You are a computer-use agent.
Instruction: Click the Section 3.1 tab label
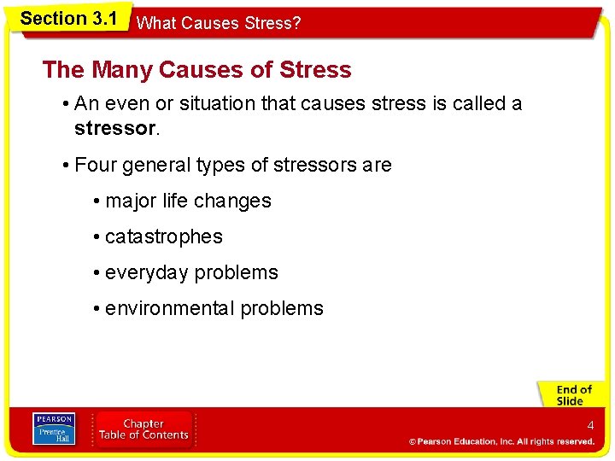click(x=67, y=18)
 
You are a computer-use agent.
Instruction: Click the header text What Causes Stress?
click(x=219, y=23)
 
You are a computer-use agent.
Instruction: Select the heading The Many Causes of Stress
click(x=196, y=69)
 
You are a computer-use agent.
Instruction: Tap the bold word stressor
click(x=114, y=128)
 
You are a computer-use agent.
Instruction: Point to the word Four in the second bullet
click(x=95, y=165)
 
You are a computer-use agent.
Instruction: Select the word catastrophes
click(x=163, y=236)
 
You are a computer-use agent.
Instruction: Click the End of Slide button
click(x=570, y=394)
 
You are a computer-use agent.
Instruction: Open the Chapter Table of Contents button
click(x=143, y=429)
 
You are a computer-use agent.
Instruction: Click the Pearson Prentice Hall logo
click(x=54, y=429)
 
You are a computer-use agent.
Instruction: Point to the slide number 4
click(x=589, y=425)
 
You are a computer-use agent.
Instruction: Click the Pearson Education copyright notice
click(x=501, y=441)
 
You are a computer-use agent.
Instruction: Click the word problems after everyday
click(x=237, y=273)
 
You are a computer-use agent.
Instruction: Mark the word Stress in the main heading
click(x=316, y=69)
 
